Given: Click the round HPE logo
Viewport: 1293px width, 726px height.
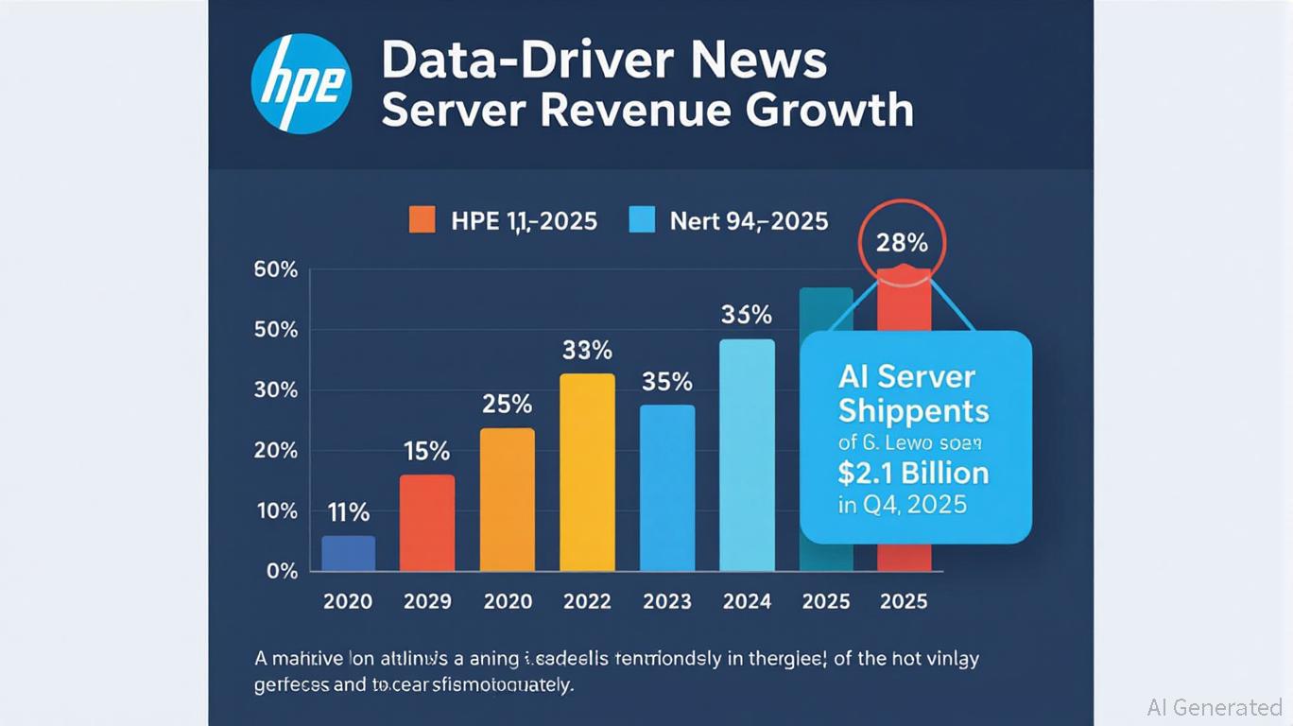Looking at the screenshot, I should [x=302, y=85].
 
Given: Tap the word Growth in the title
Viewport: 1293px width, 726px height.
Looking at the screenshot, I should [x=829, y=110].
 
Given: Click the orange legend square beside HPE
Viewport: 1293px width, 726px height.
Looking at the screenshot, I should [x=422, y=220].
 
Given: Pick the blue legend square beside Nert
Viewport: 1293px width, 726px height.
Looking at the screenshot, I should [x=642, y=220].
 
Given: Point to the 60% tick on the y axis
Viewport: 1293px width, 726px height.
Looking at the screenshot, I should [x=276, y=270].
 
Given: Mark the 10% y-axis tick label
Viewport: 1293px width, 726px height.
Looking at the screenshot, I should [x=276, y=510].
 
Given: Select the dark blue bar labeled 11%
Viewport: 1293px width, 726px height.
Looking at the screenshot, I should [x=348, y=554].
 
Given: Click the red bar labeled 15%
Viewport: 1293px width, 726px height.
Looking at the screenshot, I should [x=427, y=523].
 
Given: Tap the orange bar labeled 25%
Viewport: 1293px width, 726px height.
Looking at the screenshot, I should [x=508, y=500].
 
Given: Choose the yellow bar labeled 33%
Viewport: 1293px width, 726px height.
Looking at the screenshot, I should [x=587, y=473].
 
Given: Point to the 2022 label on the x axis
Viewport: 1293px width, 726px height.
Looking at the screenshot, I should [x=587, y=601].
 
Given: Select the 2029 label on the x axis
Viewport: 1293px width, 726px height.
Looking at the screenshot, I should [x=427, y=601].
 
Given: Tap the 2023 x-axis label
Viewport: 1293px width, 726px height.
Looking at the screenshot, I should [x=667, y=601].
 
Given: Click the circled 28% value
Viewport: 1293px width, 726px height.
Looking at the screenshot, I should [x=902, y=243].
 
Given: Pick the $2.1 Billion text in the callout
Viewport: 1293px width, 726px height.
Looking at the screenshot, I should [x=913, y=472].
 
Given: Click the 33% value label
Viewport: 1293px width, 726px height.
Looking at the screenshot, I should [x=587, y=351].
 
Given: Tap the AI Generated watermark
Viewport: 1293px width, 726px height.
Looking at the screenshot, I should [x=1214, y=707].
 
